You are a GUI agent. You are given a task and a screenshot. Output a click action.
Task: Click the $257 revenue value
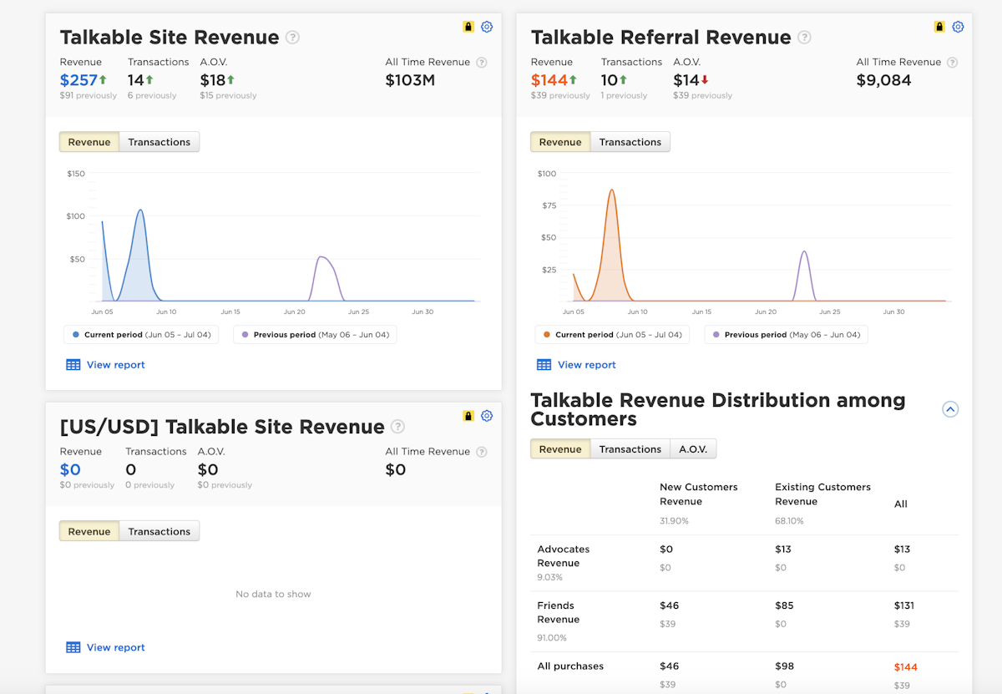[x=78, y=80]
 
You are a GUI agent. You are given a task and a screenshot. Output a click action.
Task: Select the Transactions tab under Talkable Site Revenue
[x=159, y=142]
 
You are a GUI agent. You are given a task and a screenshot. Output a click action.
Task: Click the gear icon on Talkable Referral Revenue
[x=958, y=27]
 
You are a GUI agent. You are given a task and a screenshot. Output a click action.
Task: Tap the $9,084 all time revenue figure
[x=883, y=80]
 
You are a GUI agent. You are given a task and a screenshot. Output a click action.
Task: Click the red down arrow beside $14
[x=705, y=80]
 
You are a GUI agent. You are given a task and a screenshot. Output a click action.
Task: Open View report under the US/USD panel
[x=115, y=647]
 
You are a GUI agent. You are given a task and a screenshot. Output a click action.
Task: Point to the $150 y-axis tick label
[x=75, y=174]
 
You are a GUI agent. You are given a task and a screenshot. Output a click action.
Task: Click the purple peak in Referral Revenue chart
[x=804, y=253]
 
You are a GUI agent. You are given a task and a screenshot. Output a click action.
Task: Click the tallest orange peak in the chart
[x=612, y=191]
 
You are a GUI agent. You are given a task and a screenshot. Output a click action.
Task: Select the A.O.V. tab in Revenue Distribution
[x=692, y=449]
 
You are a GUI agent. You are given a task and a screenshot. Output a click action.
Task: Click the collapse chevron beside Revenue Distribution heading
[x=950, y=409]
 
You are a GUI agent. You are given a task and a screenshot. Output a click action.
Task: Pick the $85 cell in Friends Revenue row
[x=784, y=605]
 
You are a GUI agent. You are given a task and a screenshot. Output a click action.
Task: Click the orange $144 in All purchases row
[x=905, y=666]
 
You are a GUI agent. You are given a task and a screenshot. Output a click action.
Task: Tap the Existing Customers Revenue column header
[x=822, y=494]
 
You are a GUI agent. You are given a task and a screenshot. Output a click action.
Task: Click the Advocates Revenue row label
[x=563, y=556]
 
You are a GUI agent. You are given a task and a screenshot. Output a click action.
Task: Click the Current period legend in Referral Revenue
[x=612, y=335]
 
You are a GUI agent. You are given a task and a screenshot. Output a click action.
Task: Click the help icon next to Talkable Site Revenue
[x=292, y=37]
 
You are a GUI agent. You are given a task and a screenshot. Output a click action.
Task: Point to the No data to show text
[x=273, y=594]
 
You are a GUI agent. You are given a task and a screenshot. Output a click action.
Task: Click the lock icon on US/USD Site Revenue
[x=468, y=416]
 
